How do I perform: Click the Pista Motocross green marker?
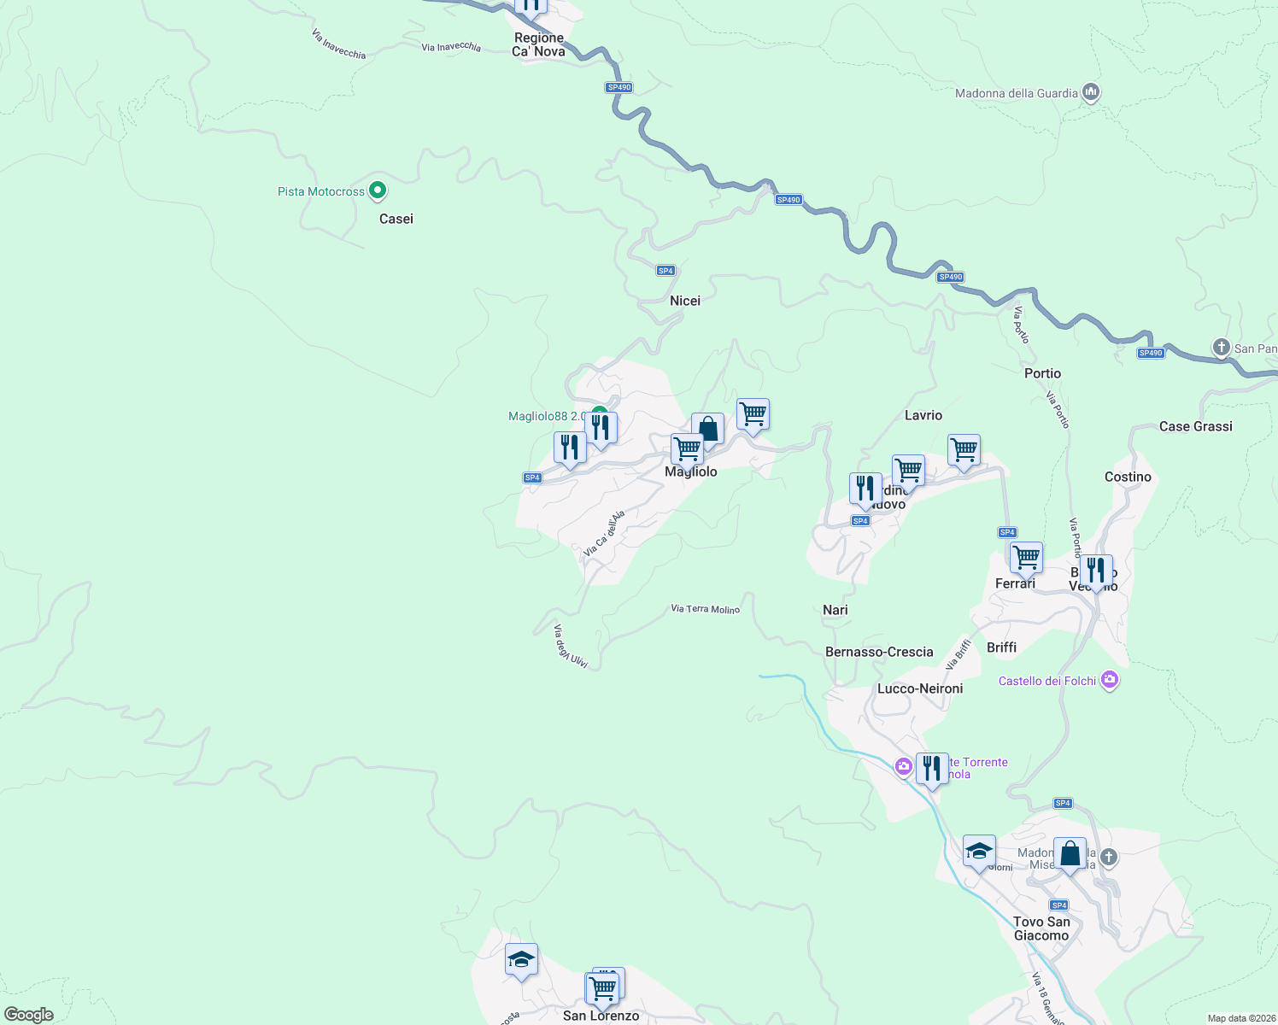click(378, 190)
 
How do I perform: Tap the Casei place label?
click(396, 219)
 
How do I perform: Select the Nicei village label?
click(685, 301)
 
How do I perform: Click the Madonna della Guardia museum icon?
click(1090, 92)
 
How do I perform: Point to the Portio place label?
click(1042, 373)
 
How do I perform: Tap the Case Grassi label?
click(1195, 426)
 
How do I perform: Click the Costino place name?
click(1128, 477)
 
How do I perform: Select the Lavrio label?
click(923, 415)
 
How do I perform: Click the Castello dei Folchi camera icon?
click(1110, 680)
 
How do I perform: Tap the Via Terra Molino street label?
click(705, 609)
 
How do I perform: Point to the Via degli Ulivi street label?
click(570, 647)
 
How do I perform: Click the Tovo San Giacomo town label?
click(1041, 928)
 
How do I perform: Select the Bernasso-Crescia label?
click(879, 652)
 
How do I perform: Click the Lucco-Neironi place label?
click(920, 688)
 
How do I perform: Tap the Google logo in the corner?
click(29, 1015)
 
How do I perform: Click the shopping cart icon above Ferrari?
click(1026, 558)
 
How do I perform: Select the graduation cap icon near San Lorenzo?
click(521, 960)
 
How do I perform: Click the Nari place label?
click(835, 610)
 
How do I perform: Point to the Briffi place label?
click(1001, 647)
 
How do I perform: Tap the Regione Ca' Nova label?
click(539, 44)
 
